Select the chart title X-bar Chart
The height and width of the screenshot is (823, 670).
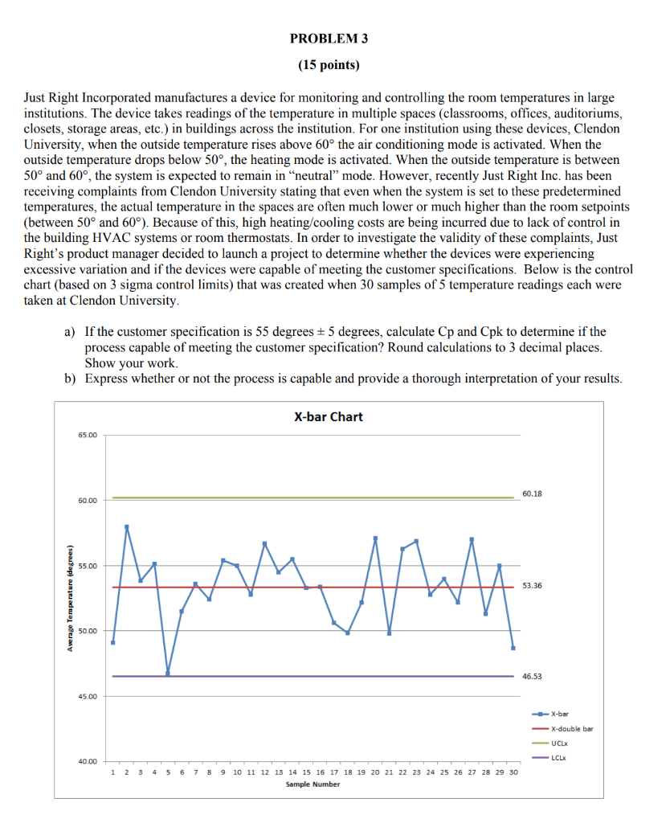point(328,416)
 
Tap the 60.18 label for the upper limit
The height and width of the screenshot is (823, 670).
point(533,493)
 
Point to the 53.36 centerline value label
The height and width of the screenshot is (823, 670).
point(533,586)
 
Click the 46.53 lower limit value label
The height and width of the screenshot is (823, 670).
point(533,676)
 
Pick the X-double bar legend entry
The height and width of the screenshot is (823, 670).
point(571,728)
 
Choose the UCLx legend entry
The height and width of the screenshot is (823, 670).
point(560,743)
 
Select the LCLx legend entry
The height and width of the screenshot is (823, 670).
point(559,757)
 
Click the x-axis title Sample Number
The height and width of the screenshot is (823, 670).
point(313,784)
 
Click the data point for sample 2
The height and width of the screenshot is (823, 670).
point(127,526)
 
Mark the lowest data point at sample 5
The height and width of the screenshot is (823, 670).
point(168,674)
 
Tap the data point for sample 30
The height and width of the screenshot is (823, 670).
point(513,647)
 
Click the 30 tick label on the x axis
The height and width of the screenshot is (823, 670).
point(513,772)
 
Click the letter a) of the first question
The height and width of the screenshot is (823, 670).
point(71,331)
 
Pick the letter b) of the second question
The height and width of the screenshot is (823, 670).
point(71,379)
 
